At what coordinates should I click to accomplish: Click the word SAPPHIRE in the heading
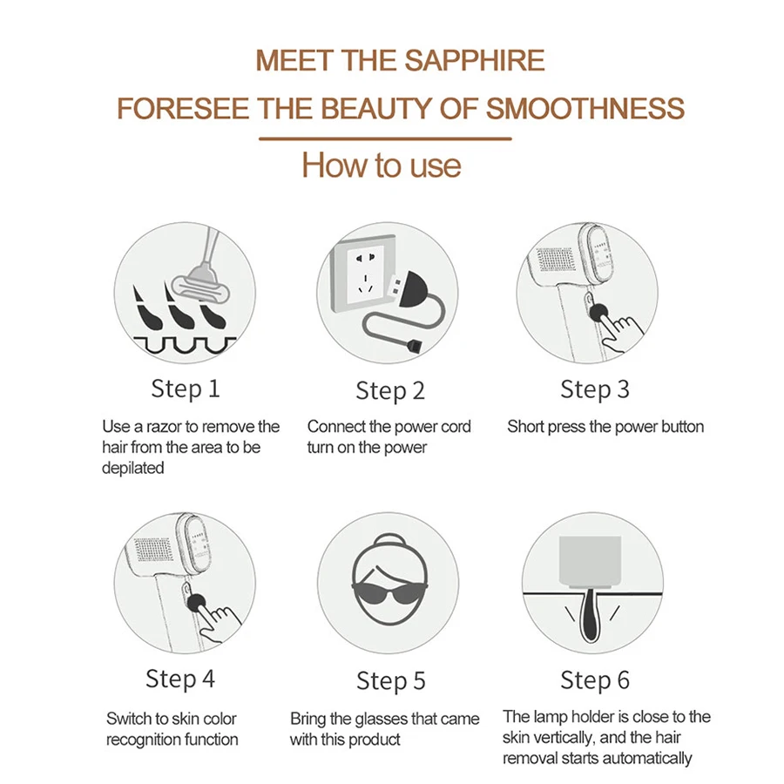(474, 60)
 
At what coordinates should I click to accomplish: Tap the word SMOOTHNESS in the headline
(585, 109)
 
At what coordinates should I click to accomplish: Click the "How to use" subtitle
(382, 165)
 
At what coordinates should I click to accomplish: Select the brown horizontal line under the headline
(385, 139)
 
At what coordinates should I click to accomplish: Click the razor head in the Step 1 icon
(200, 286)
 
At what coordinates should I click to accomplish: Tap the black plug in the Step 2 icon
(410, 289)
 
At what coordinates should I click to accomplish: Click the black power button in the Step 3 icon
(598, 313)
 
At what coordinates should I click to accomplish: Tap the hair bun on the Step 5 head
(389, 540)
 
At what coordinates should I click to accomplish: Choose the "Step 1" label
(186, 389)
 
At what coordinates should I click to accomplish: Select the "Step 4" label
(180, 679)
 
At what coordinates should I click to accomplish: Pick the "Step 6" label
(594, 681)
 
